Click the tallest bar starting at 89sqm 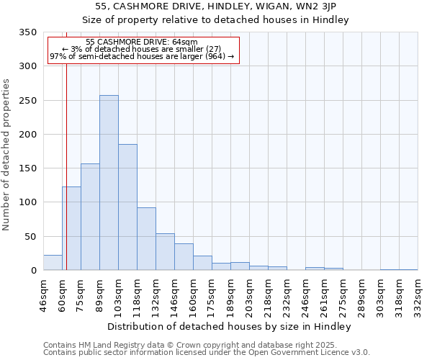pos(109,183)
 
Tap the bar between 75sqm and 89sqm pos(90,217)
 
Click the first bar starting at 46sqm pos(53,263)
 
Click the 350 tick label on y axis pos(27,32)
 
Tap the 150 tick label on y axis pos(27,168)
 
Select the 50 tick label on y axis pos(30,237)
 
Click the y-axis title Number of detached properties pos(6,155)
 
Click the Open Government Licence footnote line pos(207,353)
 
